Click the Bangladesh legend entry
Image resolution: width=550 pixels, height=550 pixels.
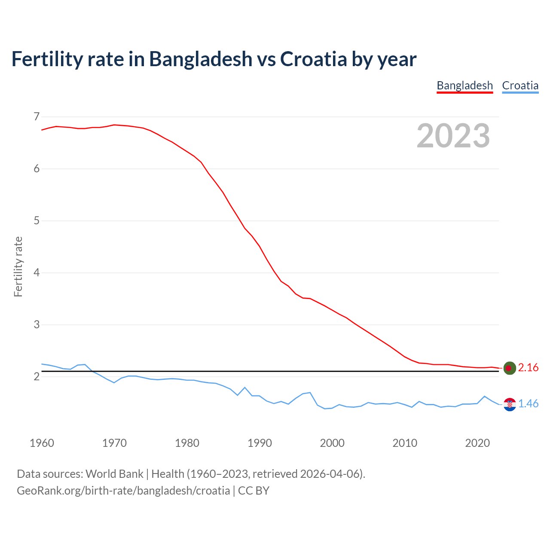(x=464, y=86)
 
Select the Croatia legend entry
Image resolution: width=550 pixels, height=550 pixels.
(x=520, y=86)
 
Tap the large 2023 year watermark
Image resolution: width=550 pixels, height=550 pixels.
(x=453, y=136)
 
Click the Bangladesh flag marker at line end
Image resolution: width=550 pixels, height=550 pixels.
(x=509, y=368)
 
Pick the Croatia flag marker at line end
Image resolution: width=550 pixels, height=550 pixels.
(x=509, y=404)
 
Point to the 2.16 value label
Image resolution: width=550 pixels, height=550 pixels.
(x=528, y=368)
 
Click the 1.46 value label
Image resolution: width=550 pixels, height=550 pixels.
(x=528, y=404)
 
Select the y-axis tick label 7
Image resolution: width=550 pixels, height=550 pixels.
(x=36, y=116)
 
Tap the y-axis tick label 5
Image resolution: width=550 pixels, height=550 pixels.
(x=36, y=221)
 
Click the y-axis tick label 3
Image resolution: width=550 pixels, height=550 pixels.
(x=36, y=325)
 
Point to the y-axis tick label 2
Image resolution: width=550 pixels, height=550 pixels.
(x=36, y=377)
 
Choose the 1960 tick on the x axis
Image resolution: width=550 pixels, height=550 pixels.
(x=42, y=443)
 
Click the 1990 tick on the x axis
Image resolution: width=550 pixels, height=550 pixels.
(x=260, y=443)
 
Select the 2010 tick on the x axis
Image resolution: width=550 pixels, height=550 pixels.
(x=405, y=443)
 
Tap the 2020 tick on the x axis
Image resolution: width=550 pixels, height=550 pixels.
(x=477, y=443)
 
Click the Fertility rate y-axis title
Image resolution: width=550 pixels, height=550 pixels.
(x=18, y=266)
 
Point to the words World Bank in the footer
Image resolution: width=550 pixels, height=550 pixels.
(x=114, y=474)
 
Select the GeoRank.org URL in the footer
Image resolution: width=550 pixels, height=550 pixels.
(x=123, y=491)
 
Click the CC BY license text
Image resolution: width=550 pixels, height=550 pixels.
(x=254, y=491)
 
